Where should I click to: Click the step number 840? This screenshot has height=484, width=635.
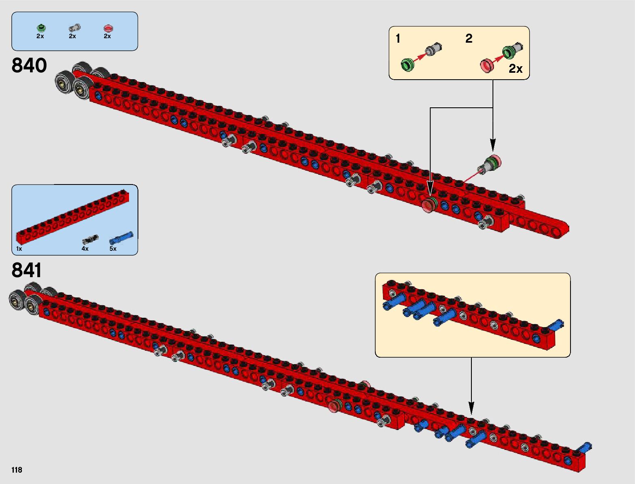pyautogui.click(x=29, y=65)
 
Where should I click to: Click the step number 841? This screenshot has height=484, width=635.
pyautogui.click(x=27, y=270)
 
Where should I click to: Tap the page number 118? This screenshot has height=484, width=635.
pyautogui.click(x=17, y=470)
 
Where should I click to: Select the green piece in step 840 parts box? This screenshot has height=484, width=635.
pyautogui.click(x=41, y=28)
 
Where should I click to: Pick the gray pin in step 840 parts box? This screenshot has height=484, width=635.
pyautogui.click(x=74, y=28)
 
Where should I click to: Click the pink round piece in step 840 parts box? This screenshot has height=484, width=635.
pyautogui.click(x=108, y=28)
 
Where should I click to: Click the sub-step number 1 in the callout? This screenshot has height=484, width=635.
pyautogui.click(x=398, y=39)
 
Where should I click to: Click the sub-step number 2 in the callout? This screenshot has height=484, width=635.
pyautogui.click(x=469, y=39)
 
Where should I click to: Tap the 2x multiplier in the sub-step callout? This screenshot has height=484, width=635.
pyautogui.click(x=516, y=69)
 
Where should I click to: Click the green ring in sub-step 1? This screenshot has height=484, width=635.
pyautogui.click(x=408, y=65)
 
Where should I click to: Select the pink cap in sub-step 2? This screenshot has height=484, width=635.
pyautogui.click(x=487, y=65)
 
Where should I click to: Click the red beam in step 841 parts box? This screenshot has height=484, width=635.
pyautogui.click(x=73, y=216)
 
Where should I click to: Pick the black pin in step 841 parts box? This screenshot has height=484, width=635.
pyautogui.click(x=90, y=239)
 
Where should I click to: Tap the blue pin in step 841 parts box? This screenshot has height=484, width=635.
pyautogui.click(x=121, y=238)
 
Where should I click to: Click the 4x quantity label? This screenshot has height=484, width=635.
pyautogui.click(x=85, y=249)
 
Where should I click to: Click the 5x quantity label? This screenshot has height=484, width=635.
pyautogui.click(x=113, y=249)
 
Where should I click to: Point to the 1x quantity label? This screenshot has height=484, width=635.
pyautogui.click(x=19, y=249)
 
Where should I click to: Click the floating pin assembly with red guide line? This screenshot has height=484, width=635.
pyautogui.click(x=489, y=164)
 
